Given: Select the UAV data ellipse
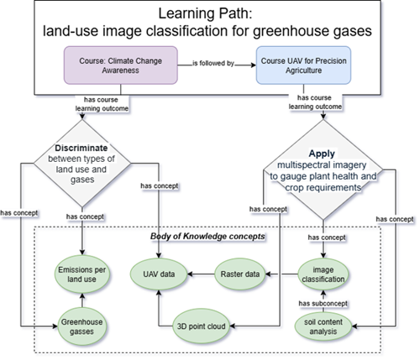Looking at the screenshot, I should point(158,274).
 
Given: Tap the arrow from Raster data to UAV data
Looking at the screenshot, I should point(200,274).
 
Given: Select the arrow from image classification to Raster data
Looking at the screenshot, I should point(285,274).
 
